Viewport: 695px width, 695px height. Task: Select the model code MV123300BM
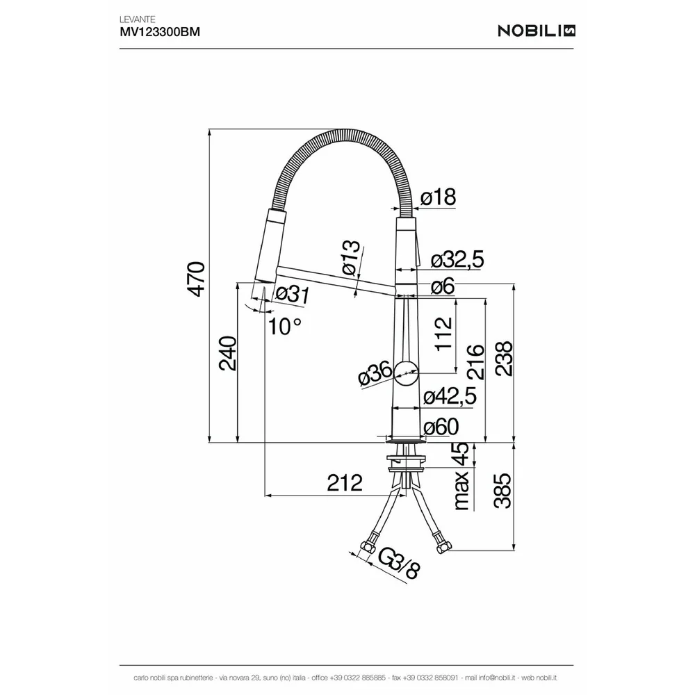point(160,32)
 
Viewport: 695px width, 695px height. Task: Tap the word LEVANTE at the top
point(138,19)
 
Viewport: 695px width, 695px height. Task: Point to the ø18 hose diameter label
point(438,197)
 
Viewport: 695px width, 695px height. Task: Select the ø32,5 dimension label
point(457,260)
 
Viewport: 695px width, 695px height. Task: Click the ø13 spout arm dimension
point(351,258)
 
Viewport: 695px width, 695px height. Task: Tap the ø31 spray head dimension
point(293,294)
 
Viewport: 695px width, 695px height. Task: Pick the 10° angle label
point(285,327)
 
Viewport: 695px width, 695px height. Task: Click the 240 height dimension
point(229,353)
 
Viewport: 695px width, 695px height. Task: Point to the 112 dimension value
point(443,334)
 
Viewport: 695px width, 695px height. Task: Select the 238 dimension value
point(503,359)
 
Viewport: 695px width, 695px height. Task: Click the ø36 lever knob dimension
point(375,375)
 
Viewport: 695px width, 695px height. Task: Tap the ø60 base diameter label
point(441,427)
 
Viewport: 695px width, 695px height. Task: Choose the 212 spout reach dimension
point(345,483)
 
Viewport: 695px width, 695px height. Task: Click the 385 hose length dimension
point(502,491)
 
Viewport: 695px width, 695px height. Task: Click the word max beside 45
point(461,491)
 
